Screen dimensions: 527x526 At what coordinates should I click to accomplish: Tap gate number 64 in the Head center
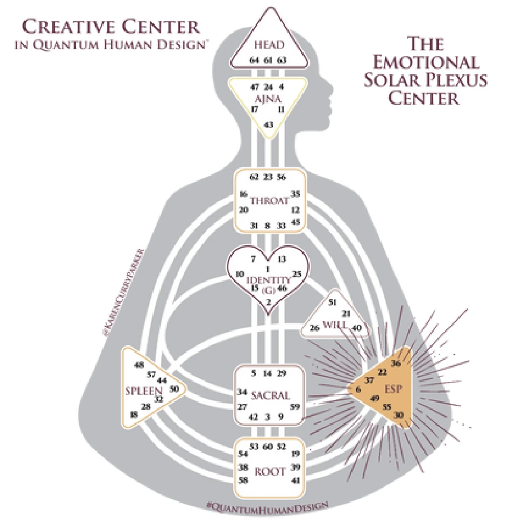[x=254, y=60]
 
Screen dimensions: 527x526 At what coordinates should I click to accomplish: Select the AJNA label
[x=268, y=99]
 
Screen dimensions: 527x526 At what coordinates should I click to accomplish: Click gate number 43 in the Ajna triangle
[x=268, y=124]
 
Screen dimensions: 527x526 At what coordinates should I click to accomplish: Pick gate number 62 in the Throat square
[x=254, y=177]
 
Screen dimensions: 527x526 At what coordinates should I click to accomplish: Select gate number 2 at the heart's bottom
[x=269, y=302]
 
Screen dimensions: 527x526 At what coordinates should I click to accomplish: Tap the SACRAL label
[x=271, y=395]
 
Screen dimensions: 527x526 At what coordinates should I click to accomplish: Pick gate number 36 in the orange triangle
[x=396, y=363]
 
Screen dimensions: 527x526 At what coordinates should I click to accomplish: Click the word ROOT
[x=270, y=471]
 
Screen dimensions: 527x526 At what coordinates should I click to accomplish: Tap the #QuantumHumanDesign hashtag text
[x=269, y=505]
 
